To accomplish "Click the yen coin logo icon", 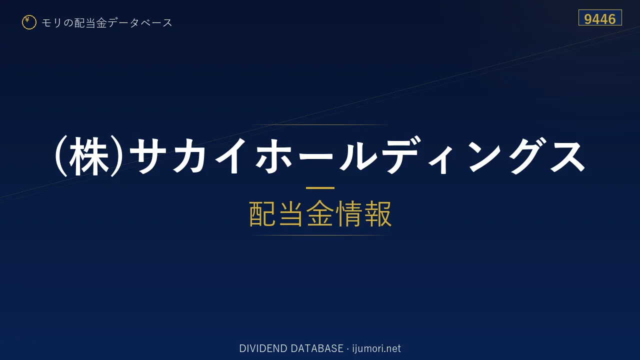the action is point(29,22).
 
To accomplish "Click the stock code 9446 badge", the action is point(600,17).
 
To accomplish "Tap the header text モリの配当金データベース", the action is point(107,23).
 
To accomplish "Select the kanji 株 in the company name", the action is point(89,156).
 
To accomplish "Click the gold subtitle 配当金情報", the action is point(320,213).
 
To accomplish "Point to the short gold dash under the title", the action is point(320,188).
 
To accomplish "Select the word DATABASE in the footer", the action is point(317,348).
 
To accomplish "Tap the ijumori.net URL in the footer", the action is point(376,348).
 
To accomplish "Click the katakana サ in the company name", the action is point(148,156).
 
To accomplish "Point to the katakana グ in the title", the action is point(527,156).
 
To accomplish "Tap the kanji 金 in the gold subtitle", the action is point(320,213).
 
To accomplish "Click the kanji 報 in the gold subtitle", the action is point(377,213).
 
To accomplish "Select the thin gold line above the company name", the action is point(320,125).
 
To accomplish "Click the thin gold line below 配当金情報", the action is point(320,235).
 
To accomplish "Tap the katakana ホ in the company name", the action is point(273,156).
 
